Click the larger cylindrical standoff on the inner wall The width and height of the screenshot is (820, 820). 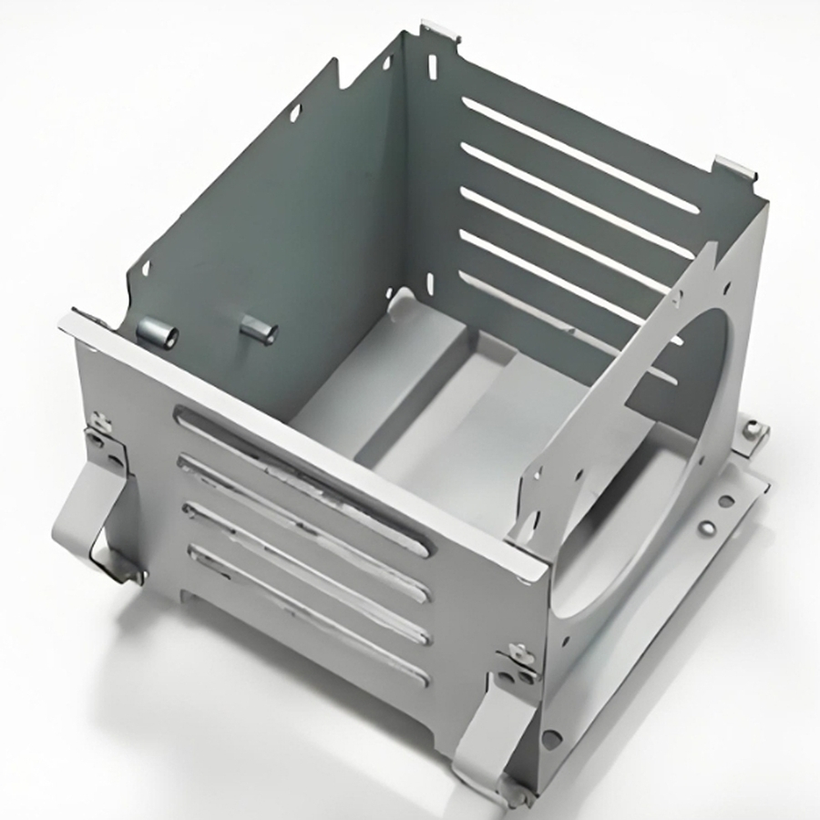click(158, 334)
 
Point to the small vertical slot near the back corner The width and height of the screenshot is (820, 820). click(431, 66)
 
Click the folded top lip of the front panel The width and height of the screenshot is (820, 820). click(301, 437)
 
